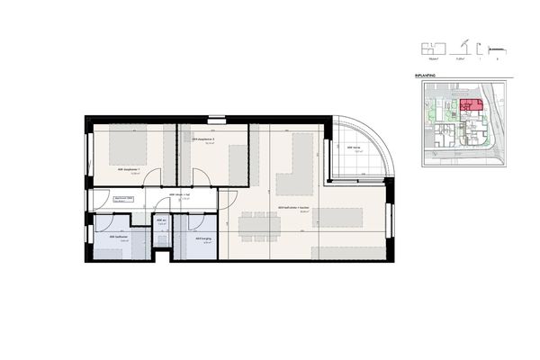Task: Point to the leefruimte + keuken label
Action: (x=294, y=209)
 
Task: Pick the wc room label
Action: (x=161, y=221)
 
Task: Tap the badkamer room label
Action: (x=119, y=238)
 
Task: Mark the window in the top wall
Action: (x=217, y=118)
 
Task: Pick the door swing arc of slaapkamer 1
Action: (x=153, y=175)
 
